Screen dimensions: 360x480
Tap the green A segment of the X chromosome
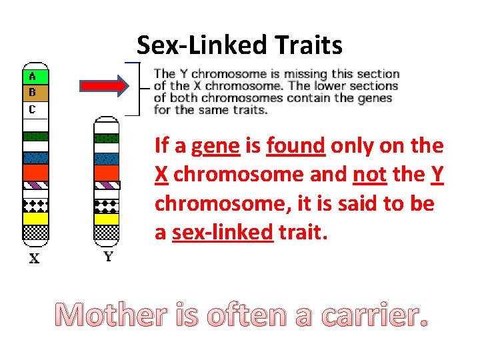tap(35, 76)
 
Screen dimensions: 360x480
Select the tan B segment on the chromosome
tap(35, 92)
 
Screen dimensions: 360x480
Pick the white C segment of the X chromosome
tap(35, 109)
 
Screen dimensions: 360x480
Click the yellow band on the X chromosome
tap(35, 218)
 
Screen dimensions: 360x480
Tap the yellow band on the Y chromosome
tap(107, 218)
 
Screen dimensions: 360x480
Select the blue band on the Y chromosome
tap(107, 159)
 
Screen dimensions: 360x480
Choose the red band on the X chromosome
tap(35, 173)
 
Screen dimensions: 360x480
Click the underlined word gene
tap(215, 145)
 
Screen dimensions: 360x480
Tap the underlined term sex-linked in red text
tap(223, 233)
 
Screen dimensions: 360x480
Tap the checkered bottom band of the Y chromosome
tap(107, 233)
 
